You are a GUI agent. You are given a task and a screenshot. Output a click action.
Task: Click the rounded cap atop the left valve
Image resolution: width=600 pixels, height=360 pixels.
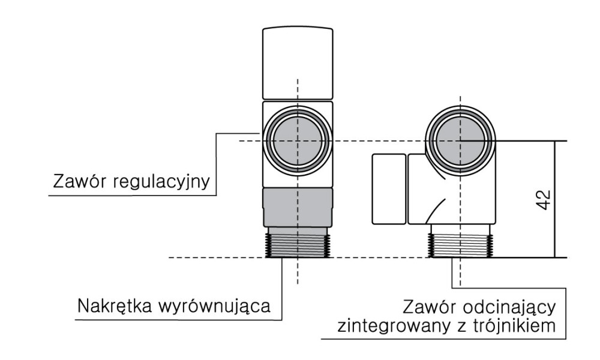297,62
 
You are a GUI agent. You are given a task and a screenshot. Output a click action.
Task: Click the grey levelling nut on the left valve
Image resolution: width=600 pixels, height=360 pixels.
297,208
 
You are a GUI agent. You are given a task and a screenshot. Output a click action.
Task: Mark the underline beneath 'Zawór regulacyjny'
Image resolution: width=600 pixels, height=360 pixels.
132,194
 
